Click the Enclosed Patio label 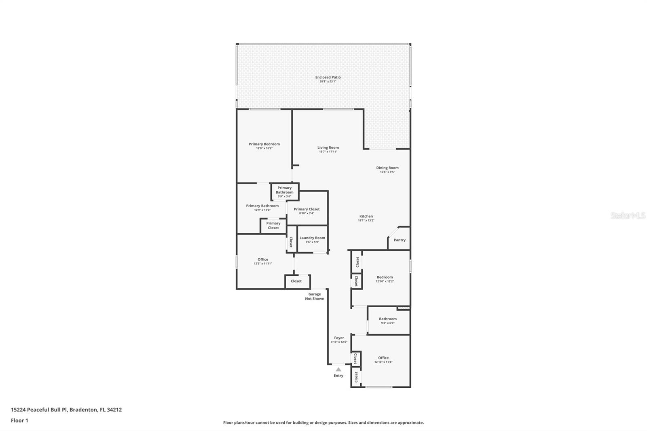point(328,77)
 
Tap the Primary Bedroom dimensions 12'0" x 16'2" point(264,148)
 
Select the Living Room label point(328,148)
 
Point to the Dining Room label point(387,168)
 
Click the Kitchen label point(366,216)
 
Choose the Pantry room point(400,240)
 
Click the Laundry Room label point(312,238)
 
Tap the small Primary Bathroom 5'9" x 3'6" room point(285,192)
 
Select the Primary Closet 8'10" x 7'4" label point(307,209)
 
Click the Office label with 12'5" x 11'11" point(263,260)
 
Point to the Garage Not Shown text point(315,296)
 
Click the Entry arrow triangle point(338,369)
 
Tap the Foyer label point(339,338)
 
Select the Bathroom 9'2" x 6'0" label point(388,319)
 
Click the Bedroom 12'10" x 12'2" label point(385,277)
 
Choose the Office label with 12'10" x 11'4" point(383,358)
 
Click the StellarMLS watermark point(628,216)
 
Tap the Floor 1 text point(19,420)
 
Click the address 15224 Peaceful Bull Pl point(39,410)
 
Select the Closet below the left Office point(296,281)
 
